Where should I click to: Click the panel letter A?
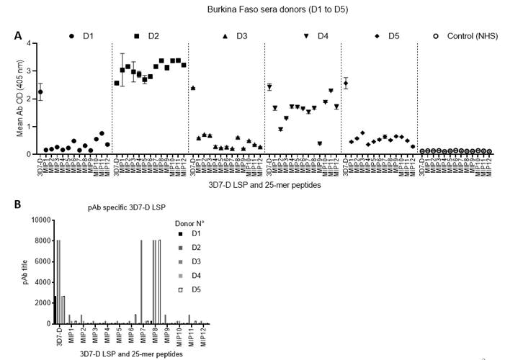17,35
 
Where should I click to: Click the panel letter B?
17,204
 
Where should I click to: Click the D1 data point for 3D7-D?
41,91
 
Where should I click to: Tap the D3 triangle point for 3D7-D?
194,88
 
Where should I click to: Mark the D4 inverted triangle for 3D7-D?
269,87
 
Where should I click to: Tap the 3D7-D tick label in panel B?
58,334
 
